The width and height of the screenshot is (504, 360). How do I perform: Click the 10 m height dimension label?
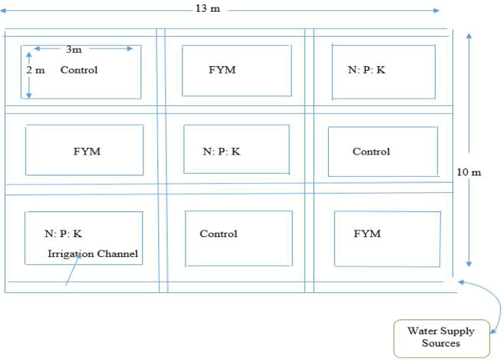click(x=469, y=172)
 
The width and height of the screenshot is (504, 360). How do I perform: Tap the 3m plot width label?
click(x=74, y=49)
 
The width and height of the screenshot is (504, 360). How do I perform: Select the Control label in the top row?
click(x=79, y=71)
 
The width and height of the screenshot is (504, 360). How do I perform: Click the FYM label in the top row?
click(x=221, y=70)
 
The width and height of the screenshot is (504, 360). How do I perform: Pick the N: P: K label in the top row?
click(x=366, y=71)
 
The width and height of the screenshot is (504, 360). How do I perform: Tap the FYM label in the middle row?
click(x=86, y=152)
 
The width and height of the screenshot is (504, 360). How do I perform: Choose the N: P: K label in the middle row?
click(x=221, y=152)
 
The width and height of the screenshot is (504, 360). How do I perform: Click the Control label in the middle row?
click(x=371, y=152)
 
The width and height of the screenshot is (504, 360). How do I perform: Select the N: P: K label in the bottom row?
click(x=63, y=233)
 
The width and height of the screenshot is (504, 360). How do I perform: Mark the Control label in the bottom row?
click(x=219, y=234)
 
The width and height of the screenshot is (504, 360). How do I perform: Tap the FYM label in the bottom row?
click(x=367, y=233)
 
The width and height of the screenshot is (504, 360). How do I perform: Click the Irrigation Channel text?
click(x=93, y=254)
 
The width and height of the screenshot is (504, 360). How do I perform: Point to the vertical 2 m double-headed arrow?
click(x=29, y=74)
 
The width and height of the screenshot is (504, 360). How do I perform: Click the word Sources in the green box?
click(x=441, y=344)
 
